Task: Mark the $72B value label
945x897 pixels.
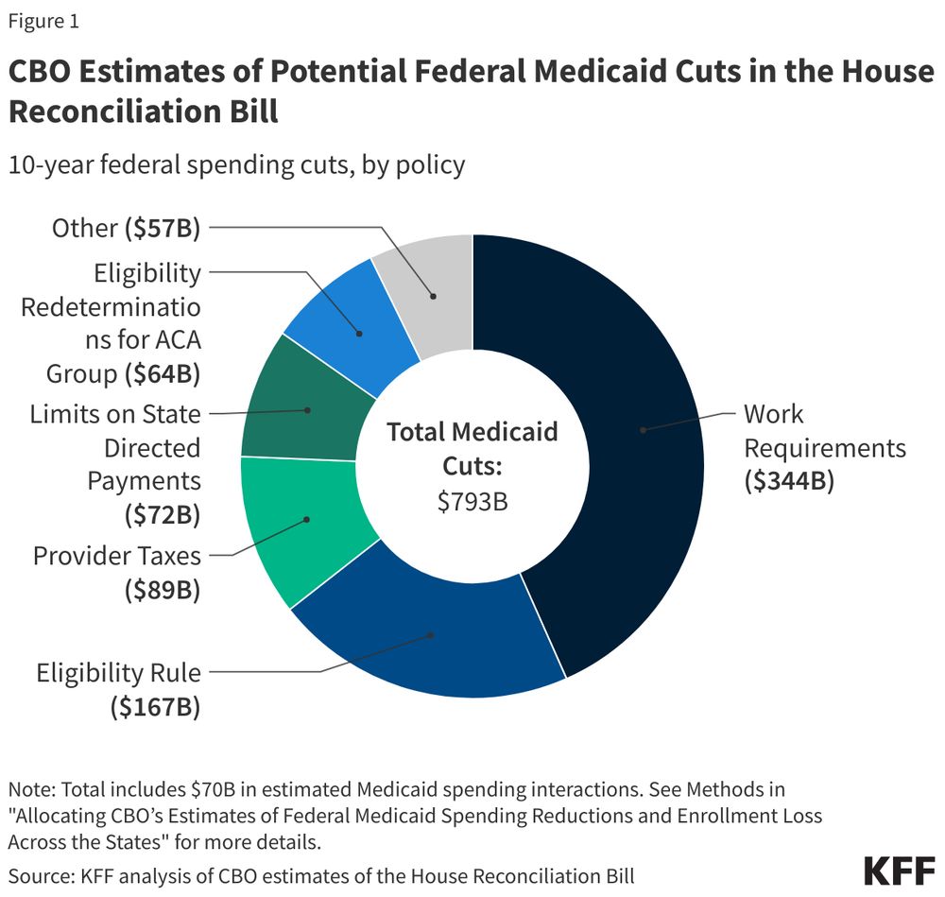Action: tap(163, 515)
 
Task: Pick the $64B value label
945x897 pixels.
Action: tap(163, 373)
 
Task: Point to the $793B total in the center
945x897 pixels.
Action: tap(472, 501)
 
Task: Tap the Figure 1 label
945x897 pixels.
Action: tap(43, 21)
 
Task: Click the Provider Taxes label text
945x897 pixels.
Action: tap(117, 555)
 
